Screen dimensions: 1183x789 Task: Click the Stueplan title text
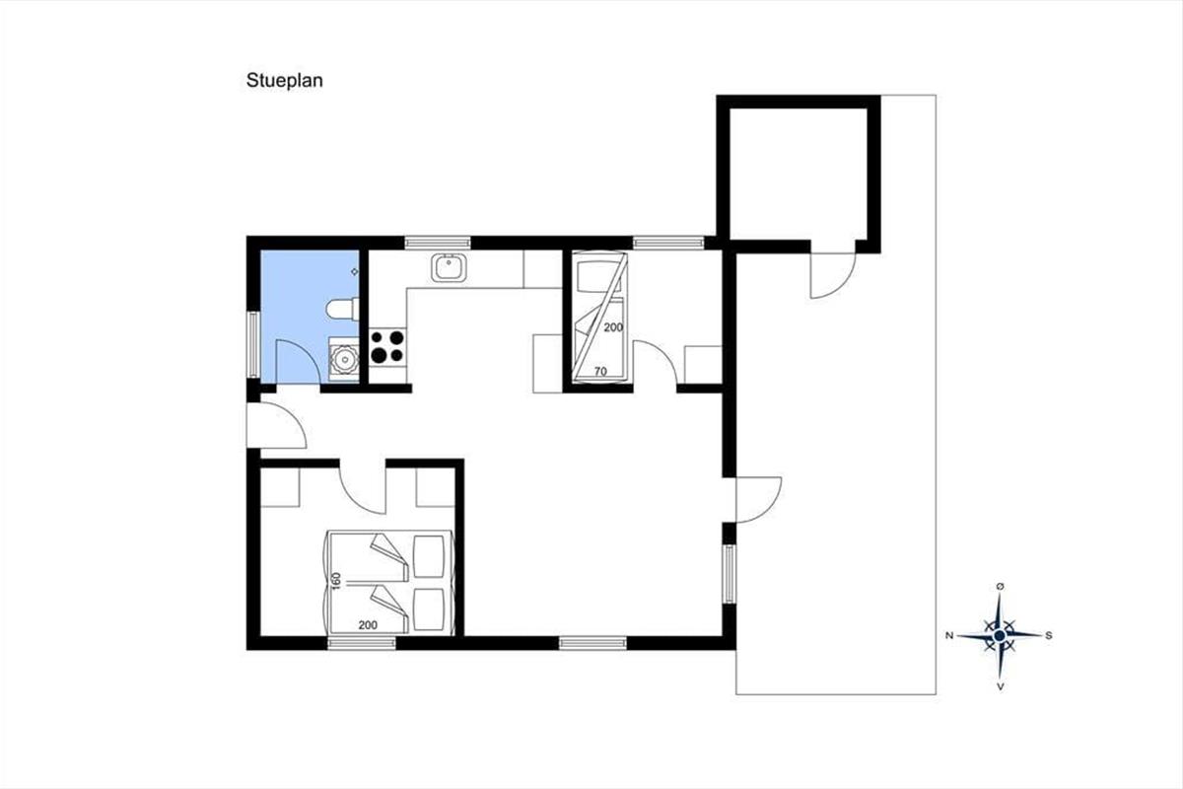coord(284,81)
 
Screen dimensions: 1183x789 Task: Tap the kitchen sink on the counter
coord(449,268)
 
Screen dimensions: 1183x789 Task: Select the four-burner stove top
coord(387,347)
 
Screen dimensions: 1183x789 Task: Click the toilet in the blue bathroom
coord(343,309)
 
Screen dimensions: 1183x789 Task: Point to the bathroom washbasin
coord(344,360)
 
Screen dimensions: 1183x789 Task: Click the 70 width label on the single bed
coord(600,372)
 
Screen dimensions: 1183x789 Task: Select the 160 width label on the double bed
coord(336,580)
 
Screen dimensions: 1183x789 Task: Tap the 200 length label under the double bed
coord(368,625)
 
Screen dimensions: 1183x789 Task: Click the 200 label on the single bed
coord(613,327)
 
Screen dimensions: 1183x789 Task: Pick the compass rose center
coord(1000,636)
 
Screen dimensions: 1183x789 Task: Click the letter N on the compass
coord(949,636)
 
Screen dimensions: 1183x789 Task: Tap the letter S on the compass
coord(1049,636)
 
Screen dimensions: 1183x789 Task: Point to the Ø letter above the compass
coord(1000,587)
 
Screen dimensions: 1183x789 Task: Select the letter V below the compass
coord(1000,687)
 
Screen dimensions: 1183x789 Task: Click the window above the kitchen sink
coord(438,243)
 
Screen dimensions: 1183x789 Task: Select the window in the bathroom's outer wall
coord(253,344)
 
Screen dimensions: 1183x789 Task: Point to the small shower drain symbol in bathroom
coord(354,271)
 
